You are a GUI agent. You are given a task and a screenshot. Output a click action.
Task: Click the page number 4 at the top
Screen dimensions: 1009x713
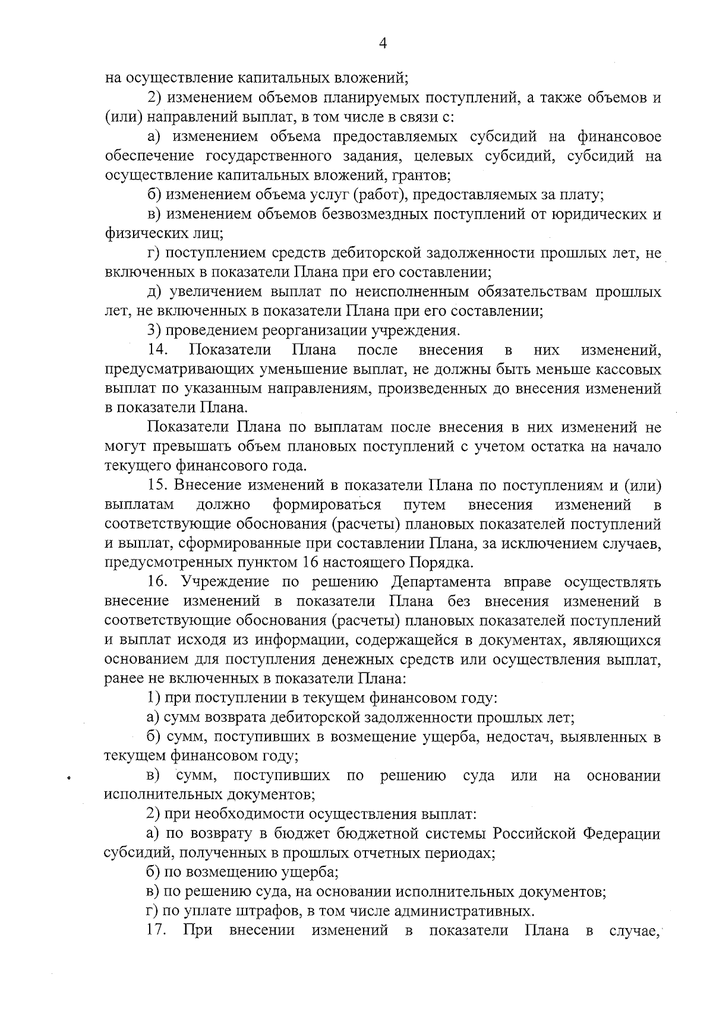click(x=383, y=43)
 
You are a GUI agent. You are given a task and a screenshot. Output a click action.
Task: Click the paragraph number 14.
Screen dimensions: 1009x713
click(x=160, y=350)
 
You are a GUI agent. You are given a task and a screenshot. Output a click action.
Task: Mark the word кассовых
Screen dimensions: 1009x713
click(x=627, y=369)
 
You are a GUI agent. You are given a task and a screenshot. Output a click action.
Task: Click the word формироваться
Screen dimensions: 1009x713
click(x=327, y=505)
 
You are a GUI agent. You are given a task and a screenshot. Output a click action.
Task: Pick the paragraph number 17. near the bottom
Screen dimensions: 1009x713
click(x=159, y=931)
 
